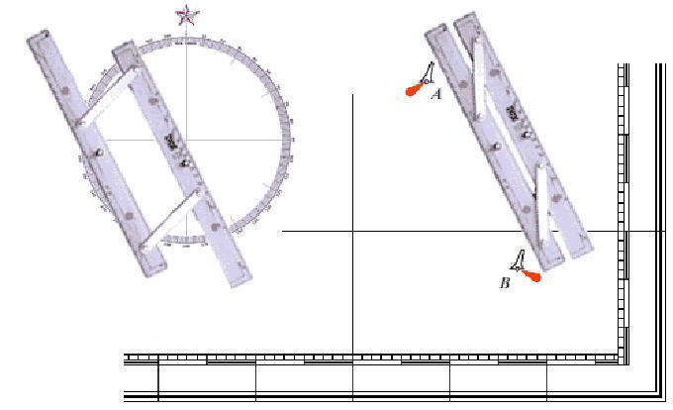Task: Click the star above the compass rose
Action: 187,16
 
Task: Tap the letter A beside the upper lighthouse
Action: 436,94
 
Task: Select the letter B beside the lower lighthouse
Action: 505,283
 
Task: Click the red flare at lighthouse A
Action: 414,90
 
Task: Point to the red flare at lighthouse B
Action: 531,276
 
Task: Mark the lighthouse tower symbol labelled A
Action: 428,73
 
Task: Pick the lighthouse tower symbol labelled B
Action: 519,260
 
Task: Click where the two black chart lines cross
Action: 352,232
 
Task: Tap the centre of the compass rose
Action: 186,140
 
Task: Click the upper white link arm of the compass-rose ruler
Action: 109,97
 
